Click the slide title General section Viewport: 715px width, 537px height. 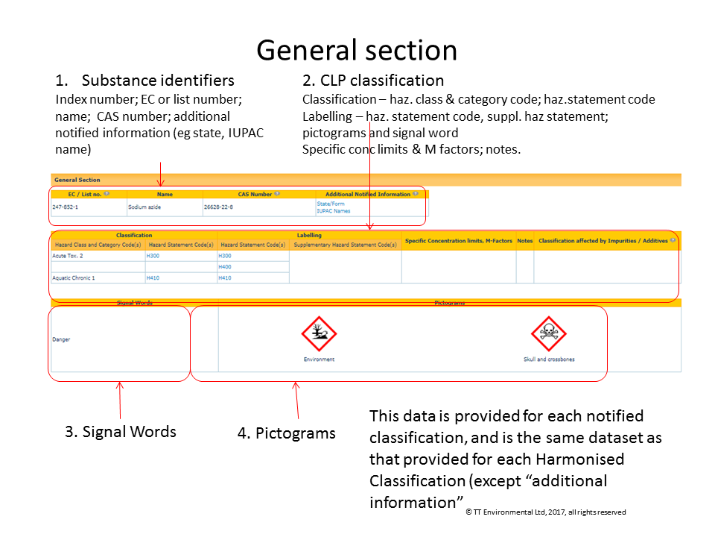357,50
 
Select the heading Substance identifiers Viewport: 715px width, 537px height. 158,81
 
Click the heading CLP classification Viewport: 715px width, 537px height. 381,81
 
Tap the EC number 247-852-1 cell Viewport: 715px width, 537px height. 66,207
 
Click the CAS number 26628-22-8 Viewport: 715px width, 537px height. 219,207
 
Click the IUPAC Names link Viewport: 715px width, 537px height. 333,211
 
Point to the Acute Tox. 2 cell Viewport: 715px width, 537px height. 68,256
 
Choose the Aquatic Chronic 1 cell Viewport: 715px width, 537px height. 74,277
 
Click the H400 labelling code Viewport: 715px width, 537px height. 225,266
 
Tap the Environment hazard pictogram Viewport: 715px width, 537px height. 319,334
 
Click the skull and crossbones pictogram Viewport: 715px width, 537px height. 549,334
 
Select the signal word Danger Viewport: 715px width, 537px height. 61,339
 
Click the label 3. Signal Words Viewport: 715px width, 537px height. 121,431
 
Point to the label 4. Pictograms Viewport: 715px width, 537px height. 287,433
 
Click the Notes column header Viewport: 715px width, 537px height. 524,241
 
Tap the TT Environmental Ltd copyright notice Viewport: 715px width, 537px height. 545,512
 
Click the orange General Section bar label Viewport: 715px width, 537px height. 77,180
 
